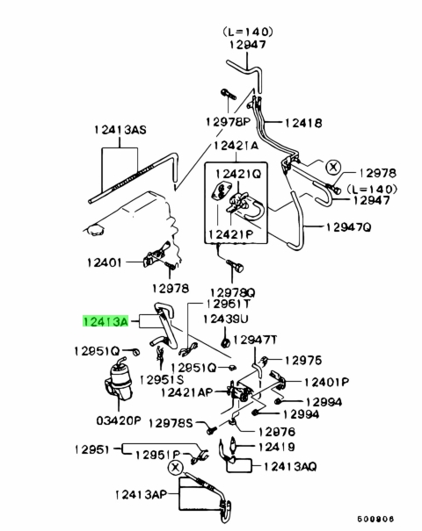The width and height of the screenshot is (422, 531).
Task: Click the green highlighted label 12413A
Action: click(x=105, y=321)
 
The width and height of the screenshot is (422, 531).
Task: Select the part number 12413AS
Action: click(x=120, y=130)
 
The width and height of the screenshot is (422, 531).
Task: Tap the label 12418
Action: click(x=303, y=123)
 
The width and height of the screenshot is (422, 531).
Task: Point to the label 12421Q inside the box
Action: click(x=238, y=174)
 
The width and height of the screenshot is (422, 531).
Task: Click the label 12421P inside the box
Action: click(x=230, y=234)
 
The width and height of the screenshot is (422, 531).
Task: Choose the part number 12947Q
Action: click(x=349, y=227)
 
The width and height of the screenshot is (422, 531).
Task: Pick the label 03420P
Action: click(x=119, y=421)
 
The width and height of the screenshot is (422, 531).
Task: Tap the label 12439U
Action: click(x=226, y=319)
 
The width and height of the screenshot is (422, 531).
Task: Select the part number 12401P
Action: click(x=326, y=383)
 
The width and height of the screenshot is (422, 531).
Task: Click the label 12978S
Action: click(x=171, y=423)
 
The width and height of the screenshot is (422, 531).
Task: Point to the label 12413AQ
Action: click(x=290, y=467)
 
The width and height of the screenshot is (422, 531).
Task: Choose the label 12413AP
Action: click(x=142, y=495)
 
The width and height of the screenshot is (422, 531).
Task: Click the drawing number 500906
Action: click(x=375, y=519)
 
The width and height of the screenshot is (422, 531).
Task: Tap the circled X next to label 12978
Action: click(x=333, y=167)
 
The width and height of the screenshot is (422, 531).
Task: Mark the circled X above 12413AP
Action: click(x=175, y=469)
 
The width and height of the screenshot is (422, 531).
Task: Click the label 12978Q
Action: click(x=233, y=292)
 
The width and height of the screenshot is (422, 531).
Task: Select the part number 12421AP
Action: click(x=187, y=392)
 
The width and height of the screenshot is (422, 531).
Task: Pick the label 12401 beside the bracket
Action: click(x=104, y=262)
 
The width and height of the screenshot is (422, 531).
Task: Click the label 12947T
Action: click(x=255, y=340)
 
